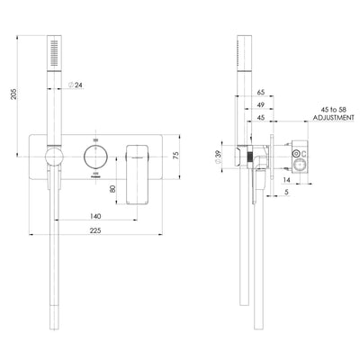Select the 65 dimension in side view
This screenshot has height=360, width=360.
coord(260,93)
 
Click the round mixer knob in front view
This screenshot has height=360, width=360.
coord(93,156)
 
